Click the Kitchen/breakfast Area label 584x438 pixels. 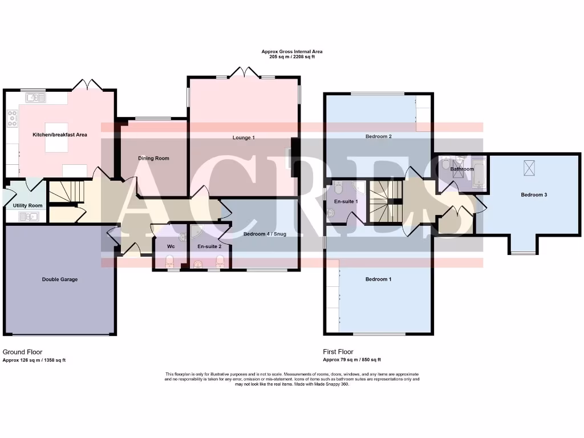pos(60,135)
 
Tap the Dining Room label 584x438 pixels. pos(153,159)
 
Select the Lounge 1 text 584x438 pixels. pos(244,137)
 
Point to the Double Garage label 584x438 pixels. pos(60,279)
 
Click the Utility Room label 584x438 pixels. pos(27,205)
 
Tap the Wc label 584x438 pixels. pos(171,247)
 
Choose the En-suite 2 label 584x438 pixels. pos(209,247)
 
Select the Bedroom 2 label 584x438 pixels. pos(378,137)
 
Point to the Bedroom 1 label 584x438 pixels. pos(378,279)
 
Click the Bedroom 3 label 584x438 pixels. pos(534,195)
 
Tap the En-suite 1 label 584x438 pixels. pos(346,201)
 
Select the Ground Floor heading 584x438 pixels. pos(22,352)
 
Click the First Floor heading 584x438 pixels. pos(338,352)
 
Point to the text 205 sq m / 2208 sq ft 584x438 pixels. pos(292,57)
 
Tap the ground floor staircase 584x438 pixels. pos(66,192)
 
